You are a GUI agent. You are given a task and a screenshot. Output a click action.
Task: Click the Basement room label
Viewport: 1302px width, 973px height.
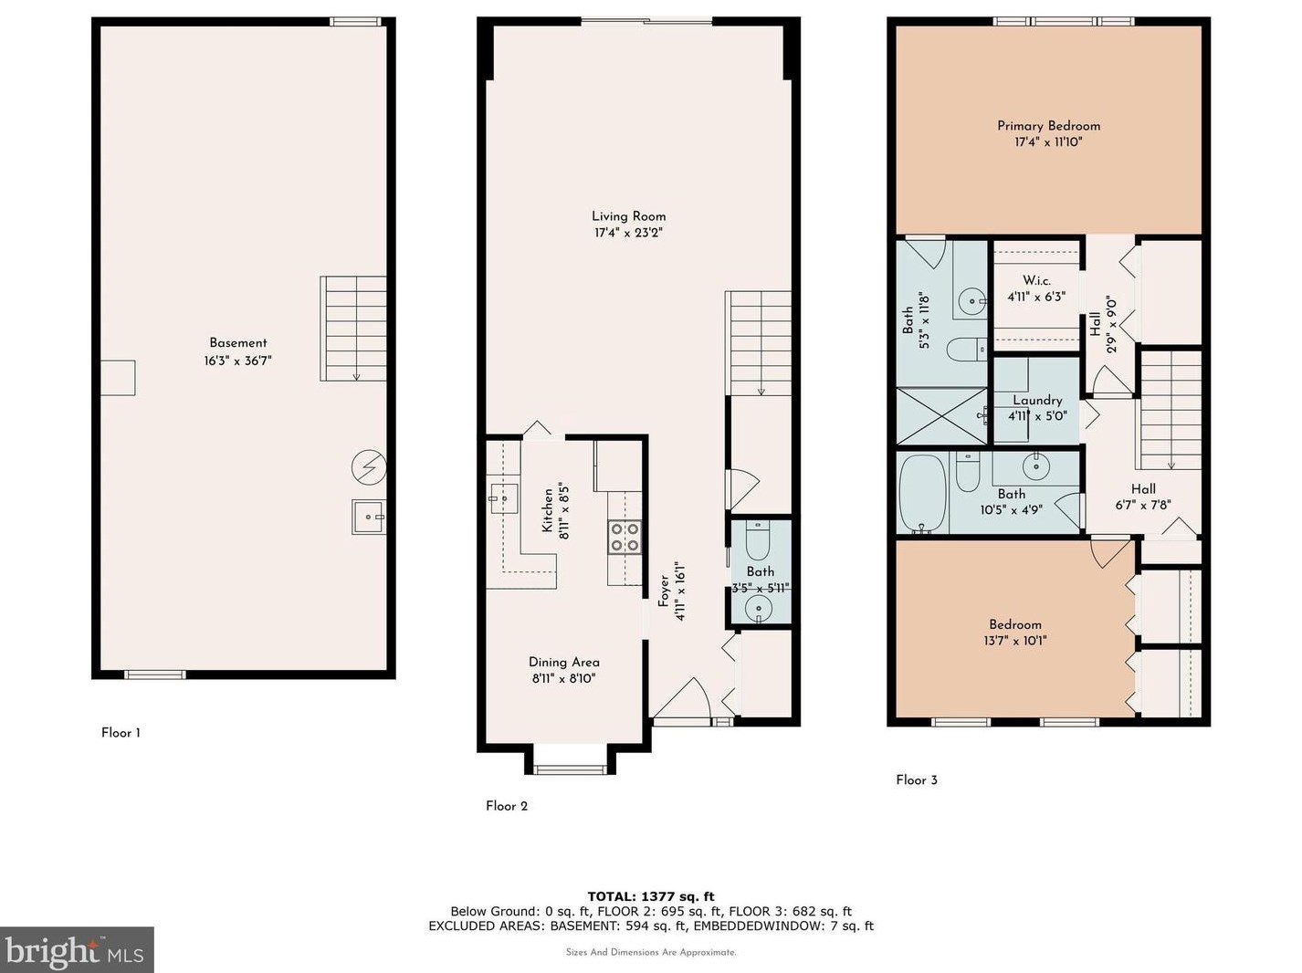238,342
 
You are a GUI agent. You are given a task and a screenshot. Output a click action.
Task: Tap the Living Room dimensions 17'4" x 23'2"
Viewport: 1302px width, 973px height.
628,233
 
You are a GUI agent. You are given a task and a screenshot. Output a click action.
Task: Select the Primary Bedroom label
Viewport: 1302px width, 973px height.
1048,126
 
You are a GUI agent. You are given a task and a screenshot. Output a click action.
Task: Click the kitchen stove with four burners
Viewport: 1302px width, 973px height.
625,538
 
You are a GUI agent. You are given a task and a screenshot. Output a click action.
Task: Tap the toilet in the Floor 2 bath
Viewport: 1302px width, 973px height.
757,540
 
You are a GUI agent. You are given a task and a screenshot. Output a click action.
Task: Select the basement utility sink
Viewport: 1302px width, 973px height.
368,517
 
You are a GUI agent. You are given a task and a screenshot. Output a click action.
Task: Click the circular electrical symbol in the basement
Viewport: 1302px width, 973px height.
369,467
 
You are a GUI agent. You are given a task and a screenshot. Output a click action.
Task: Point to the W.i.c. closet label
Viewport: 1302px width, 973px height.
1036,280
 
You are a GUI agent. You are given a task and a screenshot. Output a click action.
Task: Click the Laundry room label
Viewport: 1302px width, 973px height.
1037,400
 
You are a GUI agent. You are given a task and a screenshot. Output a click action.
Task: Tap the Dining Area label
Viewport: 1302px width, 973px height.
563,663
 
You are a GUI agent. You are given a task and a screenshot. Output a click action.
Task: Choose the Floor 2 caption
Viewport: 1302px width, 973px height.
506,806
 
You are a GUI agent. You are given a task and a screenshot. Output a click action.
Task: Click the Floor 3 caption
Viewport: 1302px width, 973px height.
917,779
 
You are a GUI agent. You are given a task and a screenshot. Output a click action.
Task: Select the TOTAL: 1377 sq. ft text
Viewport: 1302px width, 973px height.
651,896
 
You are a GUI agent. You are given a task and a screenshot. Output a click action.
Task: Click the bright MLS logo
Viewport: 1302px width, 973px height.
76,950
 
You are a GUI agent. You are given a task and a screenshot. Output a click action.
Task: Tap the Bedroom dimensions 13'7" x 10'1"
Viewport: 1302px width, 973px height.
1015,641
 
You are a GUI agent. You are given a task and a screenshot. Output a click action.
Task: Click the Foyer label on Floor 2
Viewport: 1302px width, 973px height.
664,590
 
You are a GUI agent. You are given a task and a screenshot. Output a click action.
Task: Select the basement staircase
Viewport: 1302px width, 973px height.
353,328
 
